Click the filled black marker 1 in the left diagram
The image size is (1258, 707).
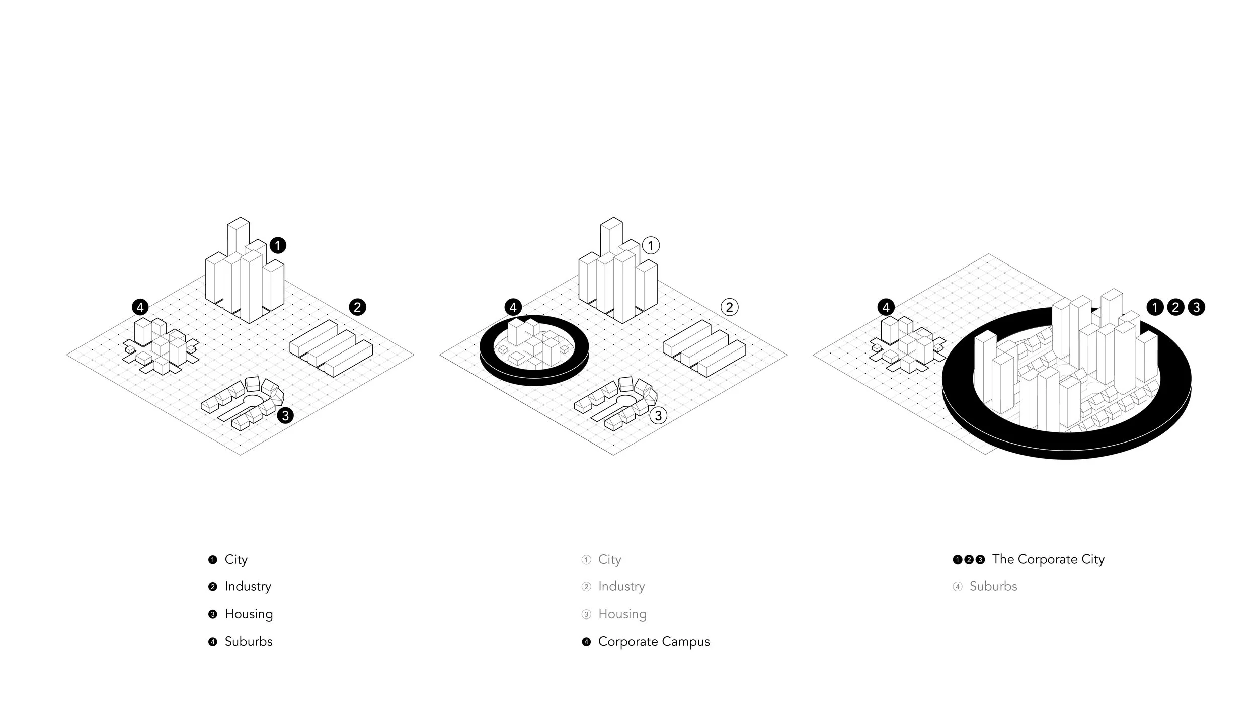(x=278, y=246)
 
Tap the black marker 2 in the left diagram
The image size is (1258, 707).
(x=357, y=307)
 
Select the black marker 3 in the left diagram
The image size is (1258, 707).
(x=285, y=415)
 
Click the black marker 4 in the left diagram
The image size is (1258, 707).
(x=140, y=307)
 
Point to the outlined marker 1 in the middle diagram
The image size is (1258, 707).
(x=651, y=246)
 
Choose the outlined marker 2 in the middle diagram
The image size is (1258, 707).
(x=730, y=307)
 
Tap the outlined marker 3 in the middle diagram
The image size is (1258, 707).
(x=658, y=415)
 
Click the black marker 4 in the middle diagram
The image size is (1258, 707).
(x=513, y=307)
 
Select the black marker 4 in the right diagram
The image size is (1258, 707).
(x=886, y=307)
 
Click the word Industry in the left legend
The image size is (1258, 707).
(x=248, y=587)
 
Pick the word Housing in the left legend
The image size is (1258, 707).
(x=249, y=614)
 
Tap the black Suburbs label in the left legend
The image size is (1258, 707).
(x=249, y=642)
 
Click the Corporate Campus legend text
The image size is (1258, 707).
(x=654, y=642)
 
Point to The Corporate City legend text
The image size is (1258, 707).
(x=1048, y=560)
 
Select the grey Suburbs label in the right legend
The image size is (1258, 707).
(x=993, y=587)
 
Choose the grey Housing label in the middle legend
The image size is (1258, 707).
(x=622, y=614)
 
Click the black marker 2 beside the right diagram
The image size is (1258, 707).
(x=1176, y=307)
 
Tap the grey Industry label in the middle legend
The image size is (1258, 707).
(x=621, y=587)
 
